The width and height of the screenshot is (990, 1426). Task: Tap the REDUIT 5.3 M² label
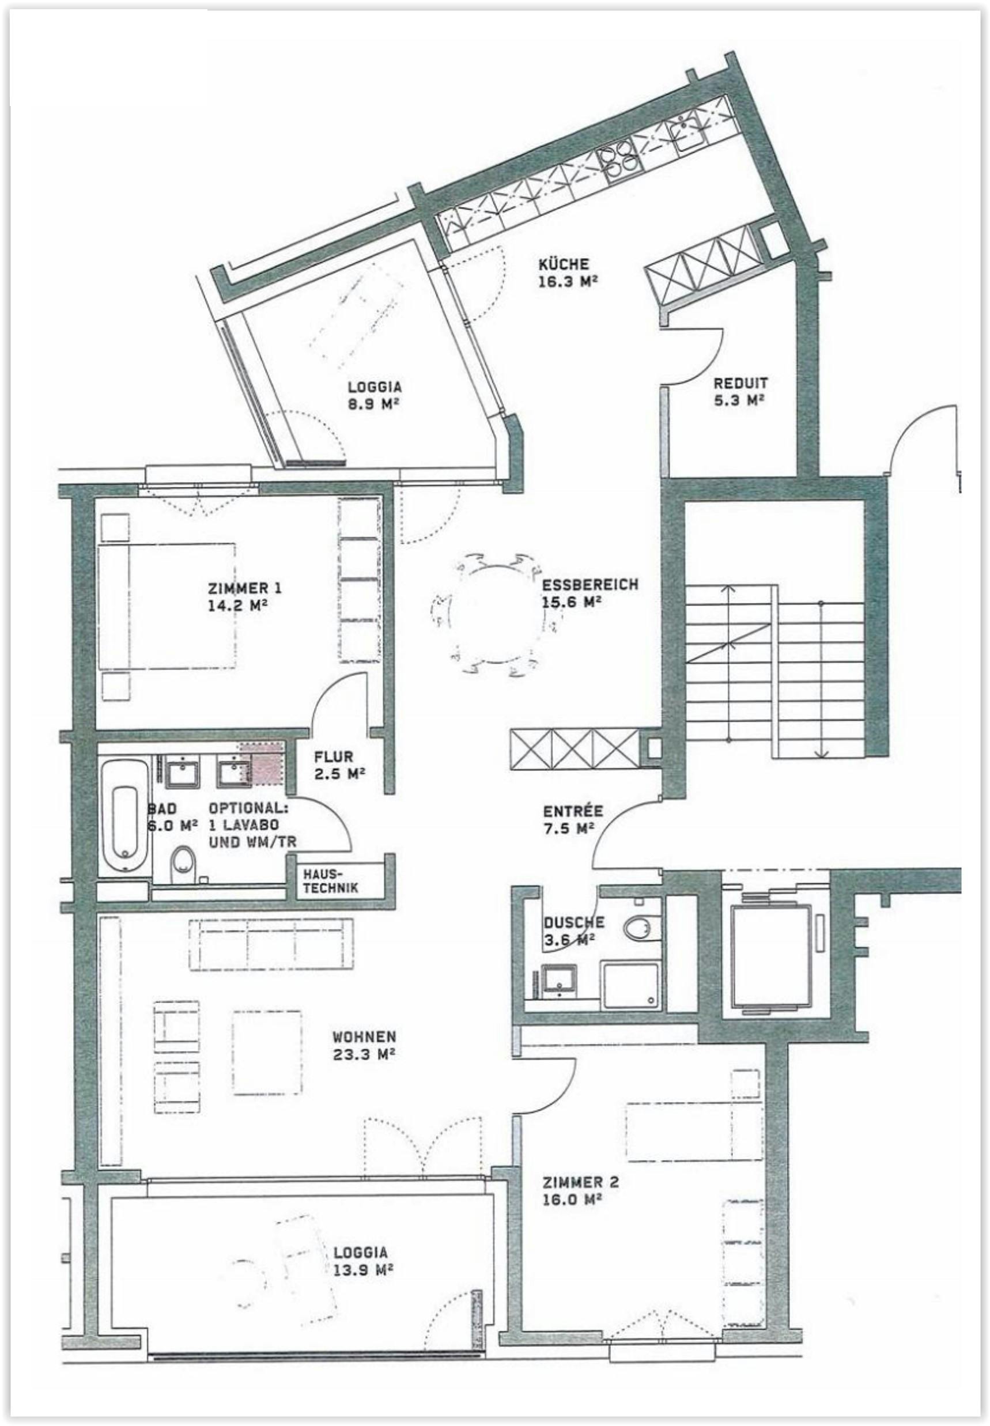click(x=740, y=391)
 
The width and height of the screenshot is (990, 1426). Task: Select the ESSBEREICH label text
click(x=590, y=584)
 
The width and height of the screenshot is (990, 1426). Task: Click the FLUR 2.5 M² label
click(x=339, y=765)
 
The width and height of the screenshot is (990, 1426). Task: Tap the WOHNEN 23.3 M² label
click(x=364, y=1045)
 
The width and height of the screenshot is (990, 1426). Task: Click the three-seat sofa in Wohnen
click(x=271, y=944)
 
